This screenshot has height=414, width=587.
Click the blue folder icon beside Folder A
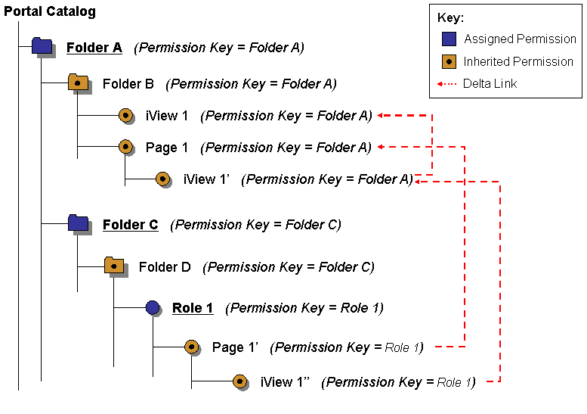[x=42, y=46]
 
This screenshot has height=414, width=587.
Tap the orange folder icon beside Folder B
[x=78, y=82]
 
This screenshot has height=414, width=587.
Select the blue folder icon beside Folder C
[x=78, y=223]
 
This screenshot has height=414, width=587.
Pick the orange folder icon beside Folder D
[x=114, y=265]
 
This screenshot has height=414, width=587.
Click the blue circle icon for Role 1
[x=153, y=307]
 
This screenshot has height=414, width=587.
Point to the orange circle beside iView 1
[x=126, y=115]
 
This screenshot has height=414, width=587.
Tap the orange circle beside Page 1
[x=126, y=147]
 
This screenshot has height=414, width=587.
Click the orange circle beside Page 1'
[x=192, y=347]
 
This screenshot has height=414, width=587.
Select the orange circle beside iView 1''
[x=240, y=381]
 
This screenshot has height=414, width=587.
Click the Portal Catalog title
[x=50, y=11]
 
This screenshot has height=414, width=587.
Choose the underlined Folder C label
[x=130, y=225]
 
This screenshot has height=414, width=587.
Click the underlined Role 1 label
[x=193, y=308]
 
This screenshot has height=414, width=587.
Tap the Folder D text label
[x=165, y=267]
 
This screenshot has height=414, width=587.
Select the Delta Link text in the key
[x=490, y=83]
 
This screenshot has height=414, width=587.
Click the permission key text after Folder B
[x=251, y=84]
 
